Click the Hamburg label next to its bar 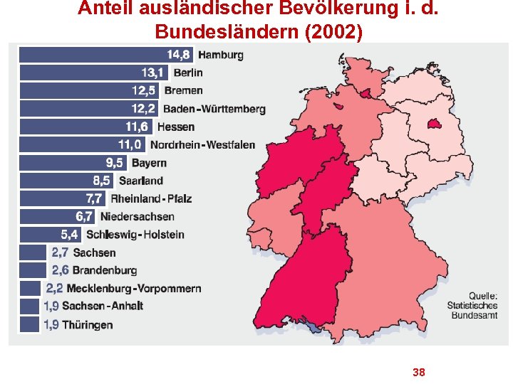click(220, 55)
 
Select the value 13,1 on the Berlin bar click(153, 73)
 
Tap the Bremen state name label click(183, 91)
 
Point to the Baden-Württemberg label click(214, 110)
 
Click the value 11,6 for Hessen click(138, 127)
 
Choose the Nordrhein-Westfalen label click(202, 145)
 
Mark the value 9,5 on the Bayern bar click(114, 163)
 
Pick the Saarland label click(141, 181)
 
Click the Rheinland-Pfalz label click(151, 199)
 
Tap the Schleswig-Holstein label click(135, 235)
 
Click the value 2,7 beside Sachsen click(59, 252)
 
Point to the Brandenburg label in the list click(105, 270)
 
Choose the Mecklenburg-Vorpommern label click(133, 289)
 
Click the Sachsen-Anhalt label click(103, 306)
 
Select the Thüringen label click(88, 325)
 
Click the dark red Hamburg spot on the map click(365, 91)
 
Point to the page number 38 click(419, 372)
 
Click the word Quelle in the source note click(483, 297)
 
